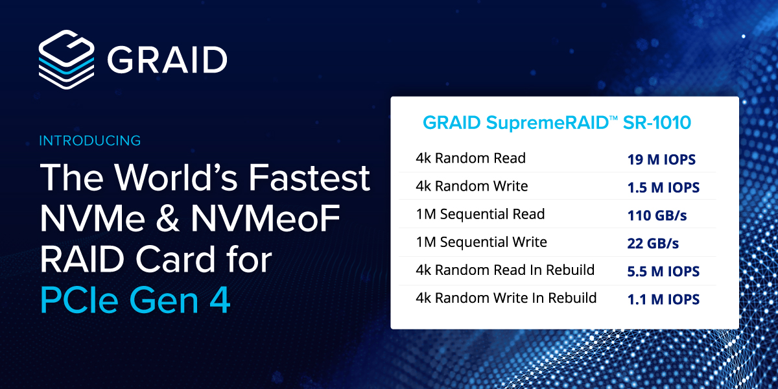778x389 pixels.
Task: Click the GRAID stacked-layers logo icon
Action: coord(66,60)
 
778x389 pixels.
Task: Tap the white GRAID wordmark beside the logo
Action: coord(167,60)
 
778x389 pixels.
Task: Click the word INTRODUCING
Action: coord(90,141)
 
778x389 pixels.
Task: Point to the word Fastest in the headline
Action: coord(309,178)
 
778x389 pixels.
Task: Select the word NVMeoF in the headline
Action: coord(265,219)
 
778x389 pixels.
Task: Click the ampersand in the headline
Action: coord(168,219)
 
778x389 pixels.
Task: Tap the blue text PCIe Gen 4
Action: coord(135,300)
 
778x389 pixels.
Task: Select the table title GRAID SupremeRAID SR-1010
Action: coord(557,123)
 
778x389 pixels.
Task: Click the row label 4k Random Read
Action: coord(471,158)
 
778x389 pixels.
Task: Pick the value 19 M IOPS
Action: coord(661,159)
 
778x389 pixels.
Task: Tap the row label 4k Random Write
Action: coord(472,186)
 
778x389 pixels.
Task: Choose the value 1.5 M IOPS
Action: coord(663,187)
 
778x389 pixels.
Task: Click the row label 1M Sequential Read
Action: coord(480,215)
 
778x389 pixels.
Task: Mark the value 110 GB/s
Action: coord(657,216)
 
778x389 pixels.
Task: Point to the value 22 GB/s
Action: coord(653,244)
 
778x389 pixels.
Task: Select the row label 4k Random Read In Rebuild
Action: coord(505,270)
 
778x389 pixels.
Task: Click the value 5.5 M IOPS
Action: coord(663,272)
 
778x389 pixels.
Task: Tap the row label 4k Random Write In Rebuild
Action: coord(506,298)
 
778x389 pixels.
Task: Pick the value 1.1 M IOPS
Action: coord(663,300)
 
